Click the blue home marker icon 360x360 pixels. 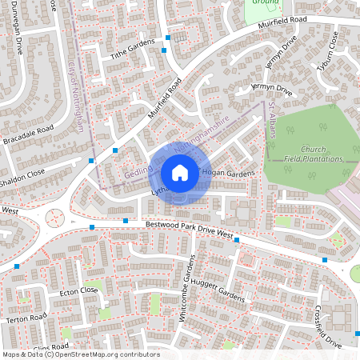tap(180, 172)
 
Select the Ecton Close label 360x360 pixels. tap(78, 291)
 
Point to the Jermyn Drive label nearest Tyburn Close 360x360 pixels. tap(284, 50)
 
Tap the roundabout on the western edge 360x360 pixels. tap(55, 218)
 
